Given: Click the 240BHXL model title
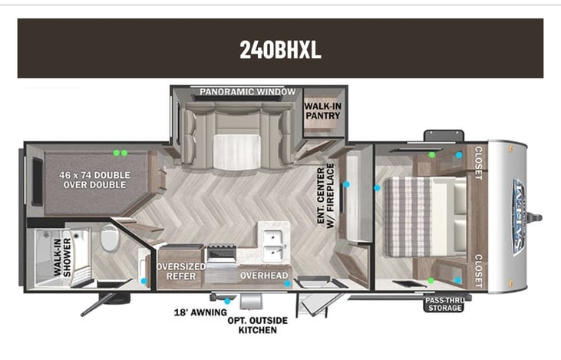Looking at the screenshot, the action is point(280,49).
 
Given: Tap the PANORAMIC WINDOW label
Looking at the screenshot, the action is point(248,92).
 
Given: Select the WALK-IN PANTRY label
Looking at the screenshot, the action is point(323,111).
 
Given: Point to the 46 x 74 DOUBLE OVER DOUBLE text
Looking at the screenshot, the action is point(94,180).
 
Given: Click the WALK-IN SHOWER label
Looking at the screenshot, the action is point(62,257).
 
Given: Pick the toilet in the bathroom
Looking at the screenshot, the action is point(109,238).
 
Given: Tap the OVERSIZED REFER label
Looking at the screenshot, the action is point(181,271).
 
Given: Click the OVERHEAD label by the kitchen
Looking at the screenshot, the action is point(264,276).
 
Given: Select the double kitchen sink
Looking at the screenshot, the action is point(273,244).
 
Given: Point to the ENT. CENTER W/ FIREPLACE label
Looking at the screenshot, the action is point(325,196).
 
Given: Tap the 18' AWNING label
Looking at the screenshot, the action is point(200,312).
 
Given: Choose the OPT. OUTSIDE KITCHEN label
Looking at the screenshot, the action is point(258,325).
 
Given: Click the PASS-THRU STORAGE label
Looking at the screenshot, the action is point(444,304).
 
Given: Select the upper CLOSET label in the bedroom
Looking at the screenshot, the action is point(478,163).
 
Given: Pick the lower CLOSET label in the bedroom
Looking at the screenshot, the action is point(478,271).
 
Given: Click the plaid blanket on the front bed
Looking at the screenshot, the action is point(408,217).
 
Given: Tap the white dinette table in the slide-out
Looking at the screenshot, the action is point(237,152).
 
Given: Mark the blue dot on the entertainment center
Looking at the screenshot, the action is point(346,185).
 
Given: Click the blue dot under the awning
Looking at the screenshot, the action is point(227,302).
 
